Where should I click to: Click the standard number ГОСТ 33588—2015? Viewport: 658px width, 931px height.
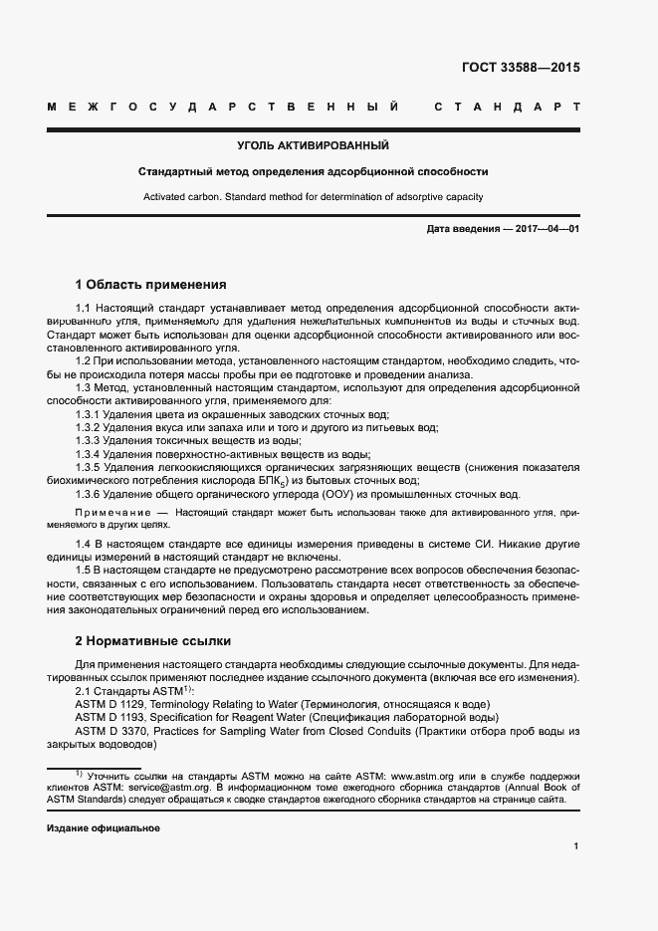521,69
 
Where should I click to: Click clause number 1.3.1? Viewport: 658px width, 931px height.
89,413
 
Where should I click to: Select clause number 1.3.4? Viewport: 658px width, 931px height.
89,452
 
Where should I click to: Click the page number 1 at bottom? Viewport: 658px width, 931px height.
576,846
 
